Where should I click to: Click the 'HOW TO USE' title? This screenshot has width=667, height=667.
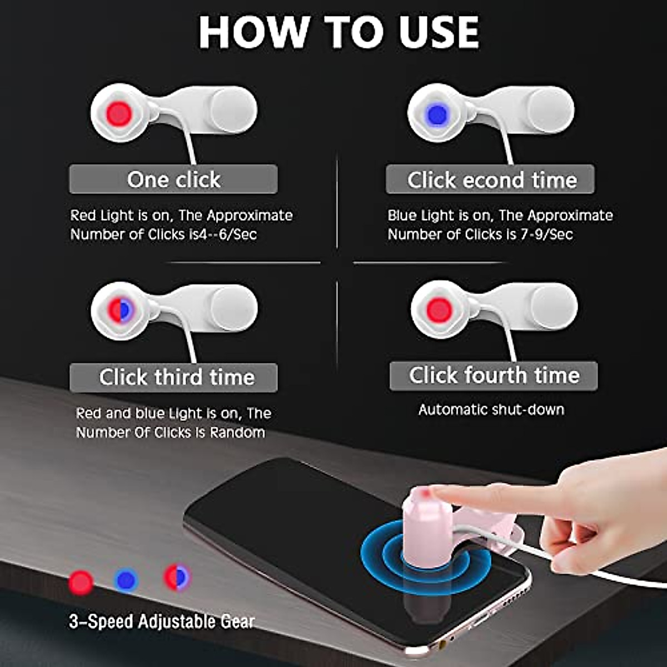tap(339, 32)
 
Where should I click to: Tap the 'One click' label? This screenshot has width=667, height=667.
tap(173, 180)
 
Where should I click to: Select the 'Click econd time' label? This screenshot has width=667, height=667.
tap(491, 180)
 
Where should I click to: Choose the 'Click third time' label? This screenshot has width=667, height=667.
tap(176, 377)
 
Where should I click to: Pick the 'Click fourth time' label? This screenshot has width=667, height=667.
tap(494, 375)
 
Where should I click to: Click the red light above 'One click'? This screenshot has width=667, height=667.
tap(119, 114)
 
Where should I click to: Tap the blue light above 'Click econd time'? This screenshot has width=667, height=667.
tap(437, 115)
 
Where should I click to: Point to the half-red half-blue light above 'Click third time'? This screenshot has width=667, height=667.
tap(120, 310)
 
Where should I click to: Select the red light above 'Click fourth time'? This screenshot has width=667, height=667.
tap(439, 310)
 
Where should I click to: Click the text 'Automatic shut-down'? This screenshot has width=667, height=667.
tap(491, 410)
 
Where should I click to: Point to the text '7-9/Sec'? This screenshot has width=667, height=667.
tap(546, 235)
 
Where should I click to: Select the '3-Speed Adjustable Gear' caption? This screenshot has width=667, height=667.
tap(162, 621)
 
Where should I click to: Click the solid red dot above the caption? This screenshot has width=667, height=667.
tap(81, 582)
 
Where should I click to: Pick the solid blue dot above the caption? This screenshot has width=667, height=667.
tap(126, 580)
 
